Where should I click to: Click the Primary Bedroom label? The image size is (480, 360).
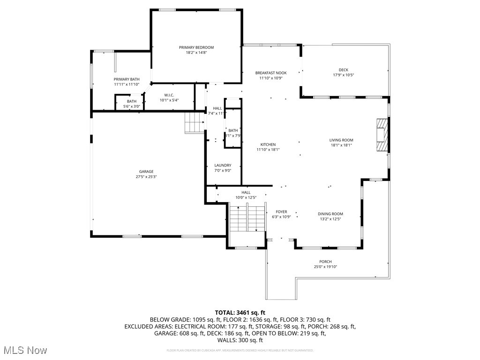coord(196,47)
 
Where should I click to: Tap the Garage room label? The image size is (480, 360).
coord(146,172)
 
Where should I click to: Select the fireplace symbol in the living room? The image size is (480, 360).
coord(382,135)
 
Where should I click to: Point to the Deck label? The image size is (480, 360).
coord(344,70)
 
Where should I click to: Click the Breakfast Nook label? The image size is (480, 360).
coord(270,73)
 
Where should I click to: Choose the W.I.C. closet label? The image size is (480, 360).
coord(169,95)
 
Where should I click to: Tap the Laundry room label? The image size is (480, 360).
coord(223,165)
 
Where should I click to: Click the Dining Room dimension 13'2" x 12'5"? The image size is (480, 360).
coord(330,219)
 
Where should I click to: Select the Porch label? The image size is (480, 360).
coord(325,262)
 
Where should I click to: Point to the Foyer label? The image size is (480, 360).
coord(281,212)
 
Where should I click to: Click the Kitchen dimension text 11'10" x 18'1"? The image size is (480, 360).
coord(268,150)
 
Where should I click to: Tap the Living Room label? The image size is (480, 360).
coord(341,140)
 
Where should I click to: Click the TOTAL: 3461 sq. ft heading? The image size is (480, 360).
coord(240,312)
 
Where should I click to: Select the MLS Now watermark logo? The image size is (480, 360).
coord(25,350)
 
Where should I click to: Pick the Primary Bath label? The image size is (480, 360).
coord(127,79)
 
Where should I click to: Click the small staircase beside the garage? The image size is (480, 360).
coord(193,123)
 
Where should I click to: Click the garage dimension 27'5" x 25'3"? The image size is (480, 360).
coord(146,177)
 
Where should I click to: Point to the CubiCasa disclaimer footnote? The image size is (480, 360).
coord(240,350)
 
